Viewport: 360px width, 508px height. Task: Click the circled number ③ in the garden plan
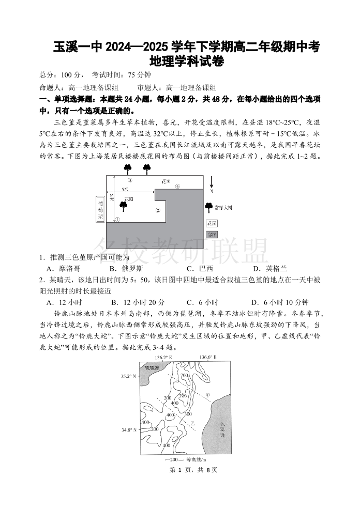coord(130,180)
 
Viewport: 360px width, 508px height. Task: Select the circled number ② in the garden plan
coord(158,210)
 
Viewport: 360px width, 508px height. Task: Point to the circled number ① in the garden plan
coord(117,220)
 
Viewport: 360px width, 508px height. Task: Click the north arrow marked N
coord(211,184)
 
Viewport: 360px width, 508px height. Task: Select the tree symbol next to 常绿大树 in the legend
coord(208,208)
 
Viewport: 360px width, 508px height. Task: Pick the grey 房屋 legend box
coord(212,234)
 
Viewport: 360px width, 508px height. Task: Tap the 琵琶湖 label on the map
coord(153,370)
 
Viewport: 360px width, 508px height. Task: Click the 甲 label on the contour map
coord(207,395)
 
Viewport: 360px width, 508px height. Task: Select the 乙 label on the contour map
coord(192,423)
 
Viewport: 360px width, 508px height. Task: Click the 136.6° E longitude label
coord(207,357)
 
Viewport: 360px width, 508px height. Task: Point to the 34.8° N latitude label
coord(129,429)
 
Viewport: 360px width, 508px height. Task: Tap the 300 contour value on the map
coord(188,414)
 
